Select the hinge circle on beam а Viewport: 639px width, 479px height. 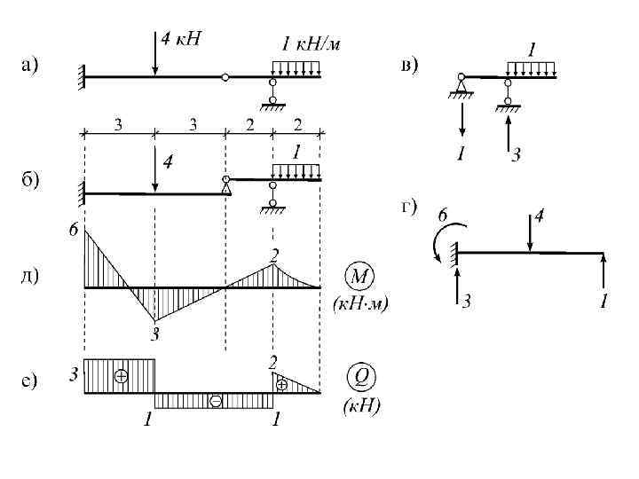pyautogui.click(x=225, y=78)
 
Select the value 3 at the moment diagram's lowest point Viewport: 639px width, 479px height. pyautogui.click(x=154, y=334)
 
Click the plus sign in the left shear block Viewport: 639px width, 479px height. pyautogui.click(x=121, y=376)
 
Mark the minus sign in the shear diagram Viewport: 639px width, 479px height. pyautogui.click(x=215, y=402)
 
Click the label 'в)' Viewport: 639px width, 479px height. pyautogui.click(x=410, y=64)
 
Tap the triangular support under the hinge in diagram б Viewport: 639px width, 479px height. pyautogui.click(x=226, y=187)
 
